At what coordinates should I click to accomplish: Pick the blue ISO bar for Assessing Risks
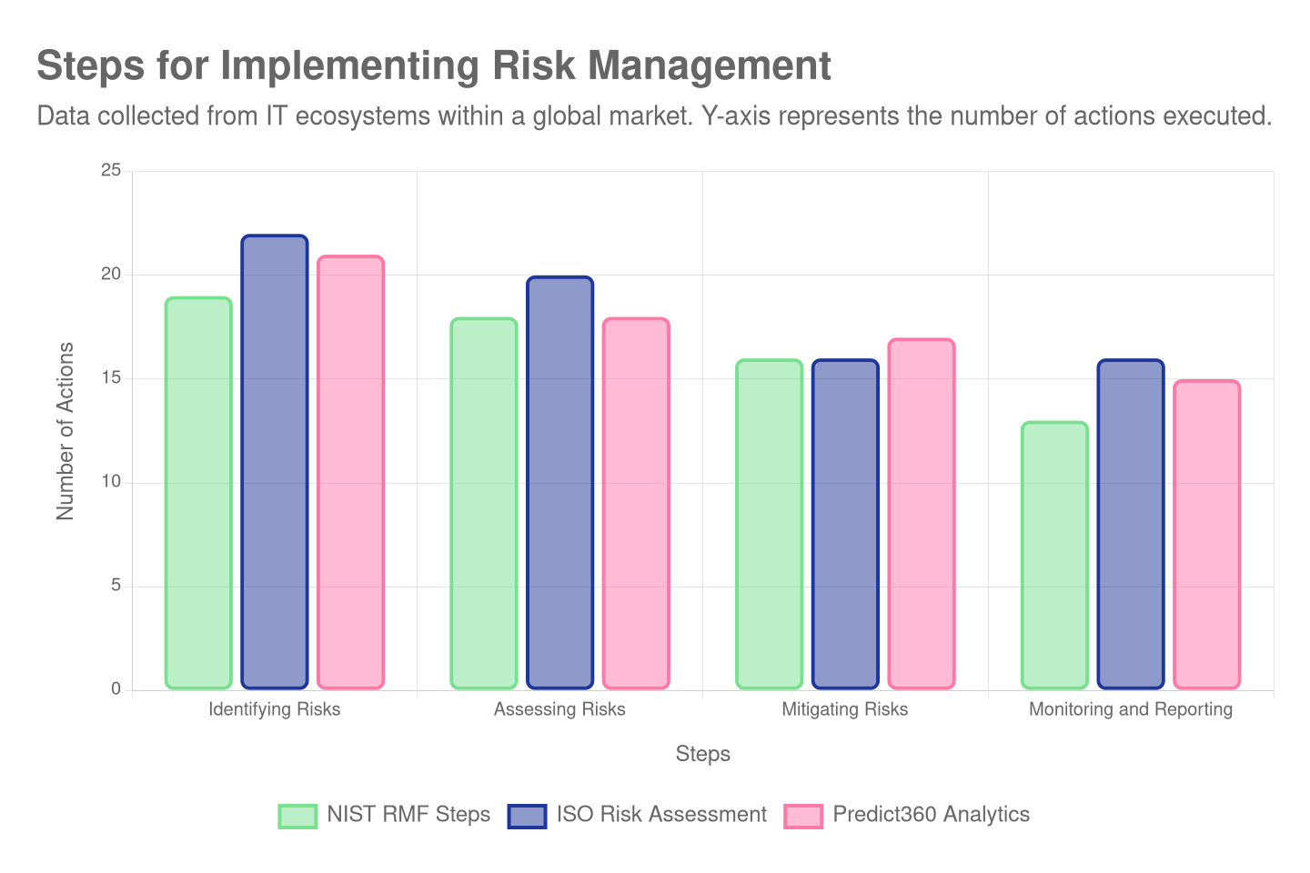point(559,482)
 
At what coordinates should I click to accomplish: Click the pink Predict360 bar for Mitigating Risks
point(922,514)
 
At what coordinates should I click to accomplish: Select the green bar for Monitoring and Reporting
point(1054,555)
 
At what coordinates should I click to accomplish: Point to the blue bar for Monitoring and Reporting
point(1131,524)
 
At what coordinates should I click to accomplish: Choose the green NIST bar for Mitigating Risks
point(769,524)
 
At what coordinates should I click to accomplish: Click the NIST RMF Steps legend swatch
point(297,816)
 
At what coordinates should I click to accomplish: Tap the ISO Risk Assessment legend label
point(661,815)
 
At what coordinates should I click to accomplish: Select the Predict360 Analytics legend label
point(931,815)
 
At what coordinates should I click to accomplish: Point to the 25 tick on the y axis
point(111,171)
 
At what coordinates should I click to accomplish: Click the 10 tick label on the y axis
point(111,482)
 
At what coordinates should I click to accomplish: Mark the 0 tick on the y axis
point(116,689)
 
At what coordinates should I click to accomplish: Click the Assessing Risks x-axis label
point(559,709)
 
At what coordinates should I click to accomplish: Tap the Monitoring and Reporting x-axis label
point(1131,709)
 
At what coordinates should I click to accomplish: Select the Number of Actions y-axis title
point(65,430)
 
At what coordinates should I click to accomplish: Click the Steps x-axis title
point(702,754)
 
